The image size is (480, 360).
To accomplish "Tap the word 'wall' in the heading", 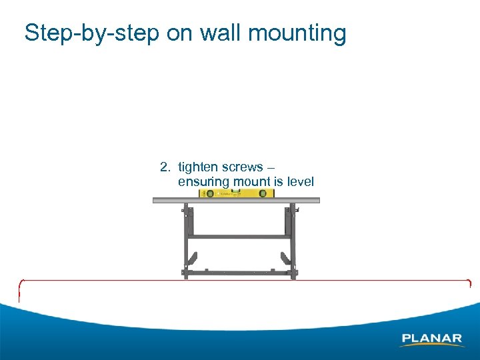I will pos(217,33).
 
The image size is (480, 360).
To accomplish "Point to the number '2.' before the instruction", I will pos(166,167).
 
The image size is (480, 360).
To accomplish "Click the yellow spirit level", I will pos(237,193).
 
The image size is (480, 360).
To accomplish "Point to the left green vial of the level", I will pos(209,193).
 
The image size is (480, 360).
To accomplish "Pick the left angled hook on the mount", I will pos(192,257).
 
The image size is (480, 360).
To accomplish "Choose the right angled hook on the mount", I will pos(285,257).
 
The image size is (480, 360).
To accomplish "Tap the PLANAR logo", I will pos(431,339).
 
